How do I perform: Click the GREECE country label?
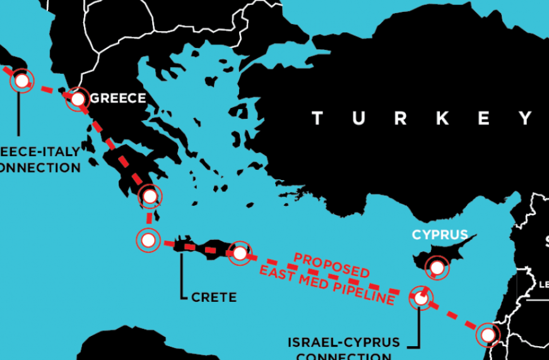coord(118,99)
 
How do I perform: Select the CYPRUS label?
coord(440,235)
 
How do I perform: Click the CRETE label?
coord(214,296)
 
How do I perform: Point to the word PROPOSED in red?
coord(331,264)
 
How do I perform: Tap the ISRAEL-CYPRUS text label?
coord(343,342)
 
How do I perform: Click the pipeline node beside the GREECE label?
coord(77,99)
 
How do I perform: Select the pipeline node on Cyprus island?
coord(436,268)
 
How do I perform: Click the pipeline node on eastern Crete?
coord(240,253)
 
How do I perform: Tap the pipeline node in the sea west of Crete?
coord(147,240)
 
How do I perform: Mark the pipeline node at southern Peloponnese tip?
coord(150,196)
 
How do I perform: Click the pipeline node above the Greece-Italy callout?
coord(21,81)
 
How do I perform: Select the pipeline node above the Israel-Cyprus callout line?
coord(420,297)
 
